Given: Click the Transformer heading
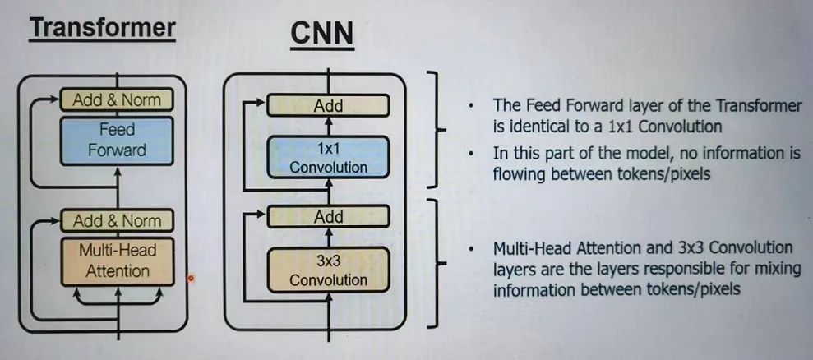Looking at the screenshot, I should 103,28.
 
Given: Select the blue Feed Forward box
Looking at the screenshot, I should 117,141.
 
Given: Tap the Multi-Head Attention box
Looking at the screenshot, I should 117,261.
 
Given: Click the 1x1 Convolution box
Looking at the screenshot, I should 328,158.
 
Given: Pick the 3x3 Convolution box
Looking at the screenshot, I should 328,270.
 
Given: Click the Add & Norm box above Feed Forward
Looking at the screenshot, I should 117,100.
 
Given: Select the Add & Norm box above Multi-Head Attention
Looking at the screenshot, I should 117,220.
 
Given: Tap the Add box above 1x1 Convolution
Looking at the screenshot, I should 328,105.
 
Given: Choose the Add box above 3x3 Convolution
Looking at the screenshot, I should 328,217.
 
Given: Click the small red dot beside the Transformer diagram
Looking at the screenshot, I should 191,278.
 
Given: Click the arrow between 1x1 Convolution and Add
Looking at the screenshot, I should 328,125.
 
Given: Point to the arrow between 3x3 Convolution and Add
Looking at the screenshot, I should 328,237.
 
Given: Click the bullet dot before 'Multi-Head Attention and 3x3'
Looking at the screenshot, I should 470,248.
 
